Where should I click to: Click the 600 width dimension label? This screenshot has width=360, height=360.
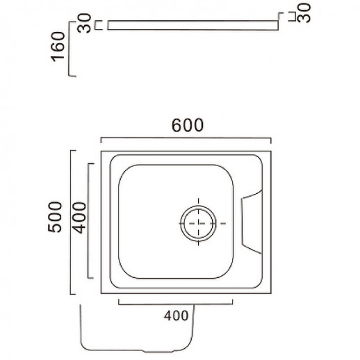click(x=188, y=125)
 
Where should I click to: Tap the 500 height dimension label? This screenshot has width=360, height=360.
click(x=55, y=217)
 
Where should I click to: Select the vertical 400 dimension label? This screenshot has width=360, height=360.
click(x=79, y=218)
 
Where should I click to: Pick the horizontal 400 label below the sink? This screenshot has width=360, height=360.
click(x=176, y=316)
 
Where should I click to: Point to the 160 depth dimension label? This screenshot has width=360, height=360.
click(x=58, y=47)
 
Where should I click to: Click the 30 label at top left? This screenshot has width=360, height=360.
click(x=84, y=23)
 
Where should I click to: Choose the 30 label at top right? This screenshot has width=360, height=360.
click(x=304, y=13)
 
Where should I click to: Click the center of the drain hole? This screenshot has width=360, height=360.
click(x=198, y=223)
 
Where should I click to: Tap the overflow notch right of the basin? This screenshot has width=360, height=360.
click(x=252, y=222)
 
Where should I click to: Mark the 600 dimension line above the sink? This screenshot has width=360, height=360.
click(x=186, y=138)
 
